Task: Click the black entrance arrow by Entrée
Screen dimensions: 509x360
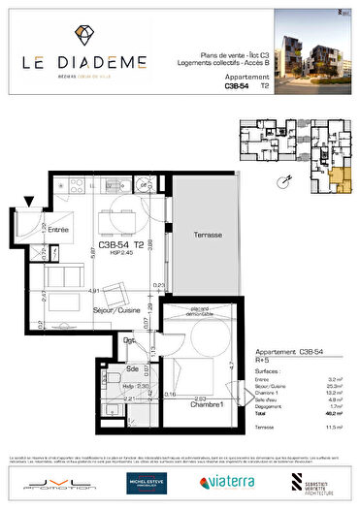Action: click(x=30, y=203)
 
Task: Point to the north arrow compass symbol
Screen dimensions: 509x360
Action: click(x=340, y=12)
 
